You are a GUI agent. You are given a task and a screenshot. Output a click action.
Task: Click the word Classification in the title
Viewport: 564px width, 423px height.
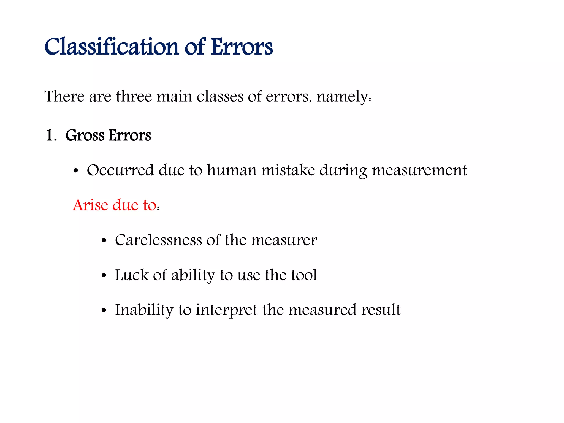pyautogui.click(x=112, y=47)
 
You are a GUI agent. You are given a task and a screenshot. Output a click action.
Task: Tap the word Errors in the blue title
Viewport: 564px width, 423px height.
pyautogui.click(x=242, y=47)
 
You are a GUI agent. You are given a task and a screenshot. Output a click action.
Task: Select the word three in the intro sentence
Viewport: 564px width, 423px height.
pyautogui.click(x=134, y=97)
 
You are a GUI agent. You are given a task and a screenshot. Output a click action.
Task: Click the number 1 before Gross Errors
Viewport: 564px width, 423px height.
pyautogui.click(x=50, y=135)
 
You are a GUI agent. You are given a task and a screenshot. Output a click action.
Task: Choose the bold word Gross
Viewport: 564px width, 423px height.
pyautogui.click(x=85, y=135)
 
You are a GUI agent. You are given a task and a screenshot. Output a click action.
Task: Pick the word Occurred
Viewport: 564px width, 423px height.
pyautogui.click(x=120, y=170)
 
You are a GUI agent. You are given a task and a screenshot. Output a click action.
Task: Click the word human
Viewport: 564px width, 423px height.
pyautogui.click(x=232, y=170)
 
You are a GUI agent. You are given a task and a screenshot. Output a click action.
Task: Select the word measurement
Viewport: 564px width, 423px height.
pyautogui.click(x=419, y=170)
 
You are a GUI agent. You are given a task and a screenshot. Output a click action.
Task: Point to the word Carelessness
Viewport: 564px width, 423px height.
pyautogui.click(x=158, y=240)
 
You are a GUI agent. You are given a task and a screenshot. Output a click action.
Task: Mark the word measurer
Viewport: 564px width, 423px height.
pyautogui.click(x=284, y=240)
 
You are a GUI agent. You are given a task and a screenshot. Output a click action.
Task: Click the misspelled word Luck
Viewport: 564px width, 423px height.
pyautogui.click(x=132, y=275)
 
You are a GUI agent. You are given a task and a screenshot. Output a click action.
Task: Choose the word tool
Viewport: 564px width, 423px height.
pyautogui.click(x=304, y=275)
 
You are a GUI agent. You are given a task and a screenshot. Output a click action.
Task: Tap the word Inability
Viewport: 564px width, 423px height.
pyautogui.click(x=144, y=310)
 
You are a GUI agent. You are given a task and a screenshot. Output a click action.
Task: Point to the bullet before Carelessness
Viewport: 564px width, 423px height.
pyautogui.click(x=104, y=241)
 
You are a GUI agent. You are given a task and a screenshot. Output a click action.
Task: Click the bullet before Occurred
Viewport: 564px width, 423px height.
pyautogui.click(x=76, y=171)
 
